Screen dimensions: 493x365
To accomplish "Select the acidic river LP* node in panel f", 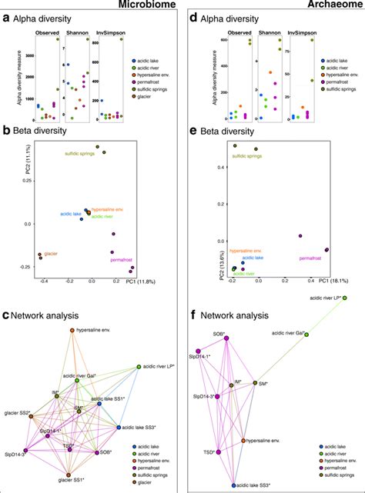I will tap(346, 298).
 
